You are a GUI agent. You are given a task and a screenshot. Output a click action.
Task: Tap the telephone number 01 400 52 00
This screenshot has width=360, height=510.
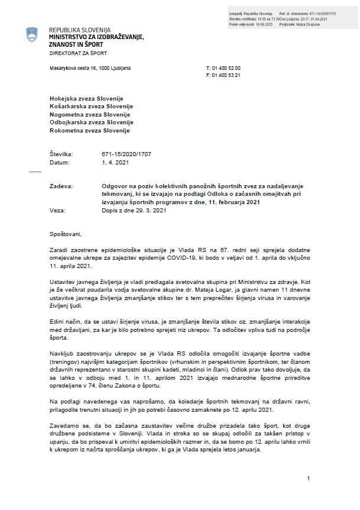225,69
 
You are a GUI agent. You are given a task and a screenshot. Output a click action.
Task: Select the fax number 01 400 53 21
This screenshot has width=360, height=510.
225,76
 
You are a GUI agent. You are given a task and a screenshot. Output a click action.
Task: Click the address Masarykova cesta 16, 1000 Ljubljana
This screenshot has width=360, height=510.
90,69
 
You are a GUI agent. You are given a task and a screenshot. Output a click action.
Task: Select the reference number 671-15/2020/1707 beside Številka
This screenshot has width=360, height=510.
126,154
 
